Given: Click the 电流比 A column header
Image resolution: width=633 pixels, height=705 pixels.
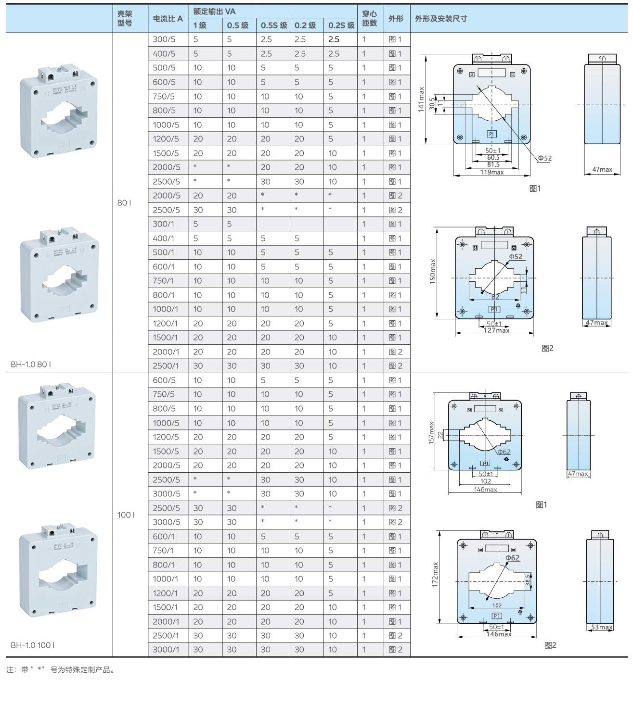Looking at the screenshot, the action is tap(168, 19).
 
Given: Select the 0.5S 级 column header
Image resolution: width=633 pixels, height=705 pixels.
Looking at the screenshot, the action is tap(274, 25).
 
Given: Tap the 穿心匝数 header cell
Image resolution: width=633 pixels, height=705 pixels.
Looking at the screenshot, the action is tap(369, 18).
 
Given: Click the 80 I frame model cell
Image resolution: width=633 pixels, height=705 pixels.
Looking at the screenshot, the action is tap(124, 203).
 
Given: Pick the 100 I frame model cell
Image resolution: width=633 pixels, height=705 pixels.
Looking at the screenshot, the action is tap(126, 515).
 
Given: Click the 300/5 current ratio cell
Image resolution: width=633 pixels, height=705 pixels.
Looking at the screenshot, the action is tap(164, 39).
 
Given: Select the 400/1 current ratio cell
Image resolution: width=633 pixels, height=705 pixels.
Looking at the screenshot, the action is tap(163, 239).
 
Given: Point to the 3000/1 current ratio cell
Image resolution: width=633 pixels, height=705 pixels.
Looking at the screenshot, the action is tap(166, 650).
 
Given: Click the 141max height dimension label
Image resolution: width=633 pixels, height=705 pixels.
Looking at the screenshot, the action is tap(421, 100).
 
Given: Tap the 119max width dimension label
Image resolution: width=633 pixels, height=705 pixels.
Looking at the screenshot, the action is tap(492, 172).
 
